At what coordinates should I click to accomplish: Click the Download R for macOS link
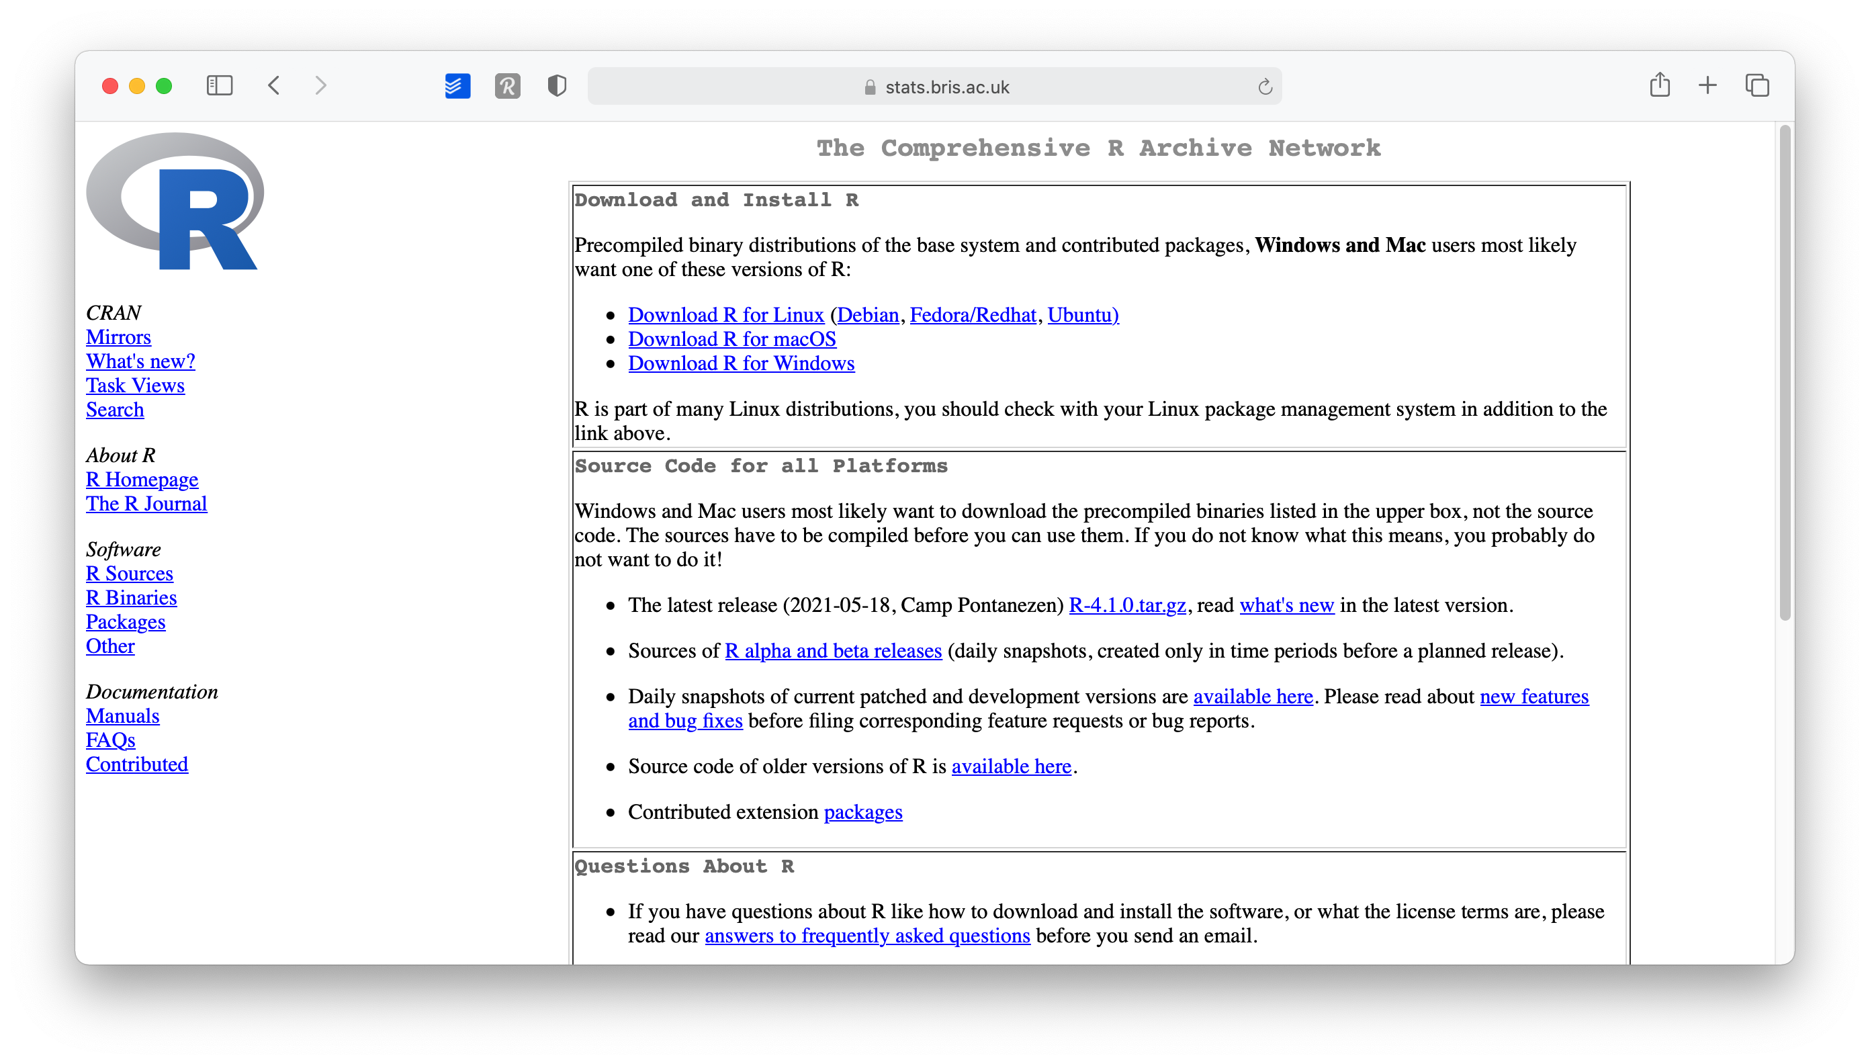click(x=731, y=339)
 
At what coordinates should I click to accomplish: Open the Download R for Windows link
click(x=741, y=363)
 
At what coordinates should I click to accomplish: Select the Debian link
click(x=867, y=315)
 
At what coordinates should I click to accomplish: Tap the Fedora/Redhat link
click(x=973, y=315)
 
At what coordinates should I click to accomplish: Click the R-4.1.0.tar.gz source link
click(x=1127, y=605)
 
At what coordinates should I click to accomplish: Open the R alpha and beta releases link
click(x=833, y=651)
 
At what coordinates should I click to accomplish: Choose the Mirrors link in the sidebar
click(x=118, y=337)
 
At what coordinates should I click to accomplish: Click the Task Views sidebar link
click(x=135, y=385)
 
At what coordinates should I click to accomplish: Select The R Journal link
click(x=146, y=504)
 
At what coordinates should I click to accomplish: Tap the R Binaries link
click(x=132, y=598)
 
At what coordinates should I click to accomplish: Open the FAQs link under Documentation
click(x=110, y=740)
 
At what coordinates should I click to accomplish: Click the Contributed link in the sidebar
click(x=136, y=764)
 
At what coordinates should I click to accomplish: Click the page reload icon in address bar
click(x=1265, y=87)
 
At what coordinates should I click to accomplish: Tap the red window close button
click(x=110, y=86)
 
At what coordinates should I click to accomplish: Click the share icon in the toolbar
click(x=1660, y=85)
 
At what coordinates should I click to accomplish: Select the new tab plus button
click(x=1707, y=85)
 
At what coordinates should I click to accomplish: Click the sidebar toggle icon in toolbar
click(x=219, y=85)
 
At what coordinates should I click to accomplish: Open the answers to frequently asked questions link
click(x=866, y=936)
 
